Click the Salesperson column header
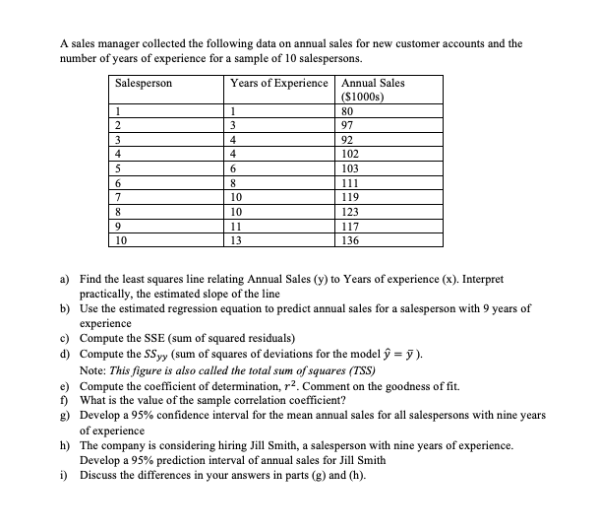(144, 83)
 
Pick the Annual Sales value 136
(350, 239)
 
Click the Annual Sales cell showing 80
(347, 111)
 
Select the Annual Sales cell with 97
(347, 125)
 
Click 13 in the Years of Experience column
(237, 239)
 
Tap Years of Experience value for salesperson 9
(237, 226)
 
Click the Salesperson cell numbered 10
(121, 239)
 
